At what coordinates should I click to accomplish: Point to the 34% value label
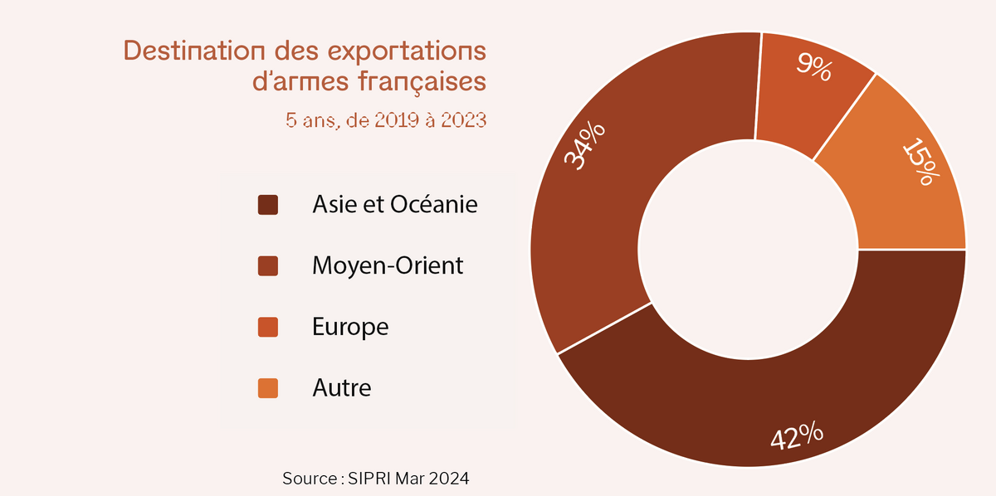point(585,146)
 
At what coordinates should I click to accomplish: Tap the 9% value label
point(813,66)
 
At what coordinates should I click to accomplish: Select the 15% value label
point(921,162)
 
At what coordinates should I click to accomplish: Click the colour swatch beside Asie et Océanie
point(267,205)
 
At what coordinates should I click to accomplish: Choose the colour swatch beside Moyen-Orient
point(267,266)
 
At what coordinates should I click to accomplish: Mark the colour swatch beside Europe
point(267,327)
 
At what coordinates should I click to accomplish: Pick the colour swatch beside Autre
point(267,387)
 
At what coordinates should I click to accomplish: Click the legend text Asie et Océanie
point(395,204)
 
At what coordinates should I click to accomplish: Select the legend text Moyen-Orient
point(388,265)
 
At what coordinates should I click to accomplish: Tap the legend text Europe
point(350,327)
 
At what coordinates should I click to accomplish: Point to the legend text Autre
point(342,387)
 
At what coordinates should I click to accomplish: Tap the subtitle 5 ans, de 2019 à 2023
point(386,120)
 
